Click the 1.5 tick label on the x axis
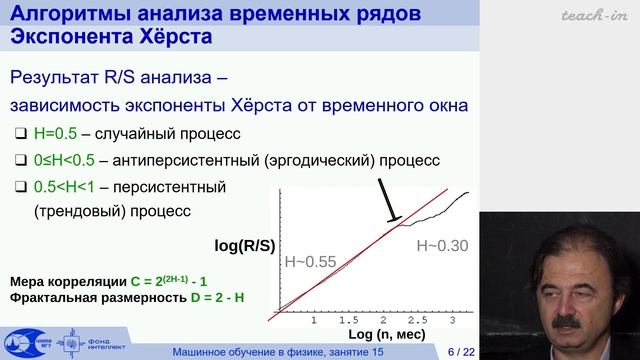pyautogui.click(x=349, y=320)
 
